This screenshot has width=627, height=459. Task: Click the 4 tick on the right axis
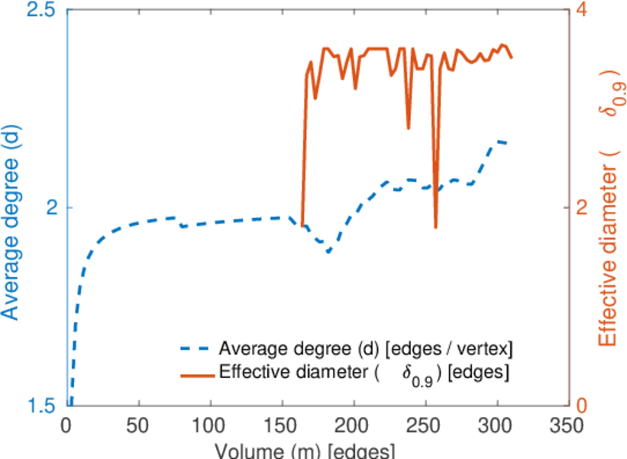582,10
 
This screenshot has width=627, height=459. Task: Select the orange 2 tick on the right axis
582,207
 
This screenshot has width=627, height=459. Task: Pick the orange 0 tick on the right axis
582,405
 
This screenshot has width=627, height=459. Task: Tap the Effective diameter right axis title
609,207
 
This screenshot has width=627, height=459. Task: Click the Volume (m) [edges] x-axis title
305,450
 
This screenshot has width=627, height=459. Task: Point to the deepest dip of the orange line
435,227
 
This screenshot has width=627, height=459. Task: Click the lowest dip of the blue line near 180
328,252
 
